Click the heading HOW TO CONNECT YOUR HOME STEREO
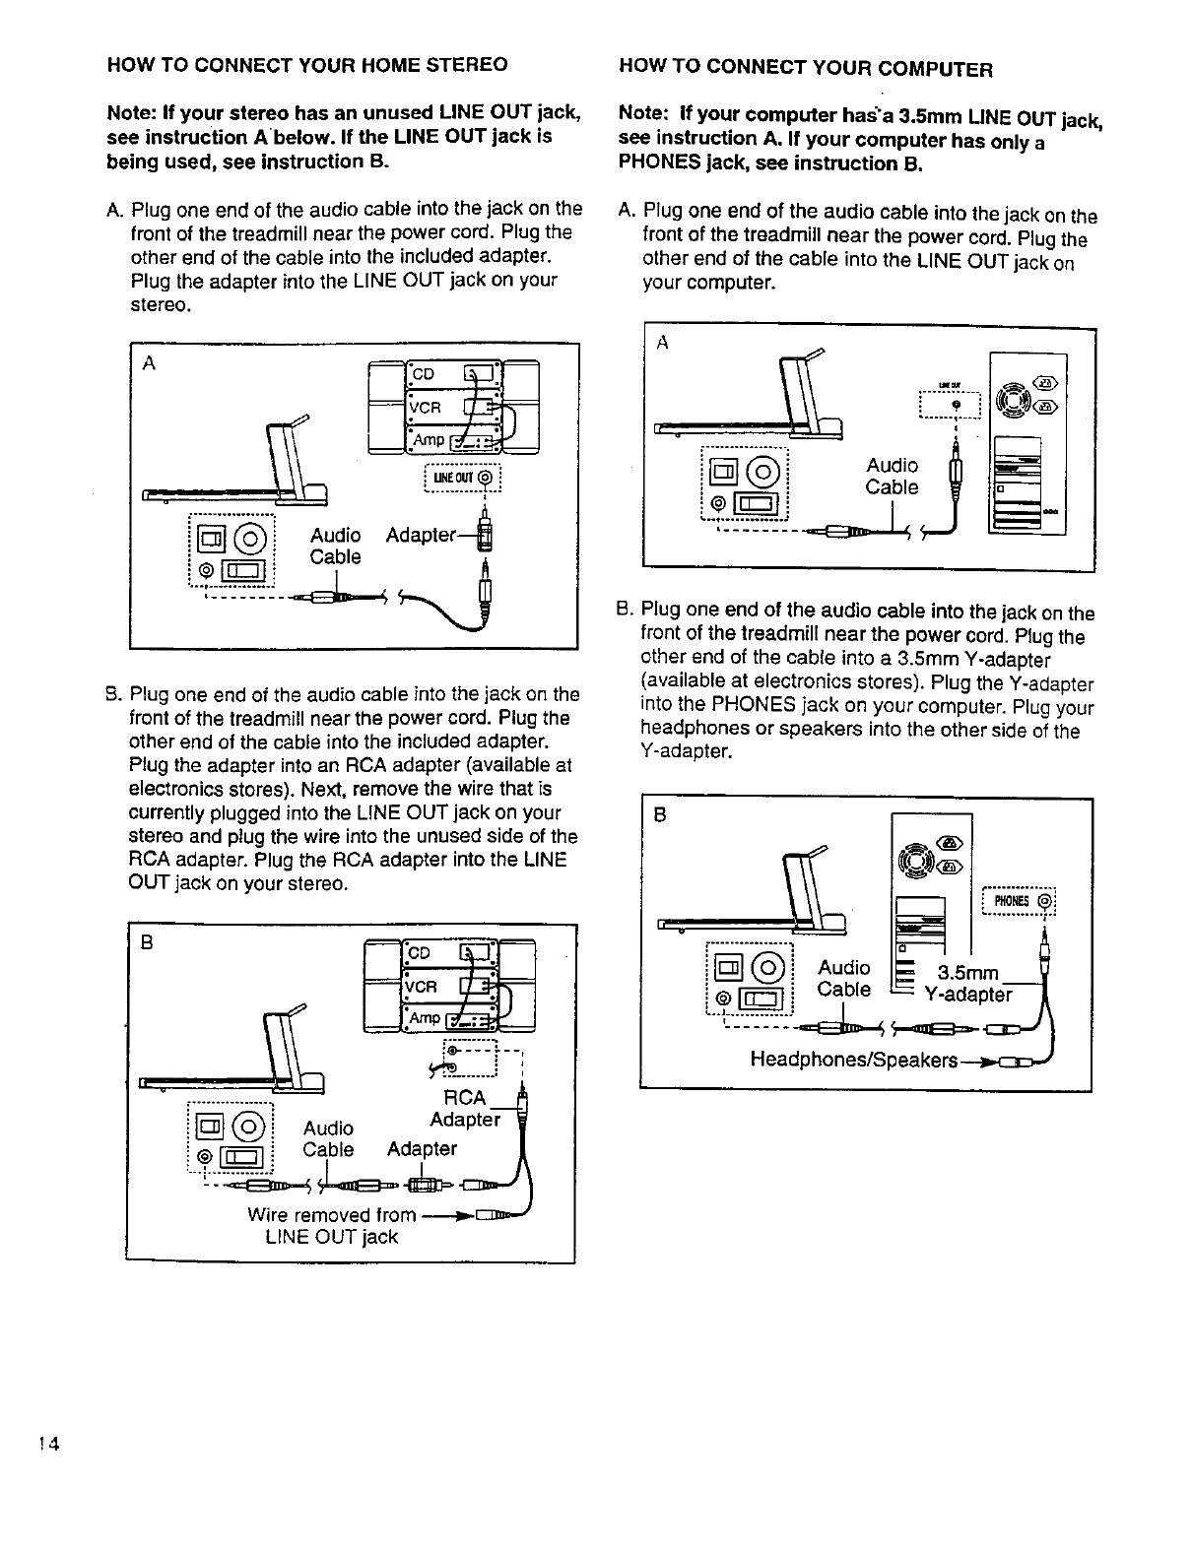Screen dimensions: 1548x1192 click(307, 65)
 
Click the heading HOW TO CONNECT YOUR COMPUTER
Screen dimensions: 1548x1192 click(805, 68)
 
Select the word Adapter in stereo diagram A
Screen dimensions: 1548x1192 click(421, 535)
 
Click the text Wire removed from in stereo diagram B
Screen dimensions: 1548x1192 click(331, 1214)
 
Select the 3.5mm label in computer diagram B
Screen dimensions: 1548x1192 click(967, 973)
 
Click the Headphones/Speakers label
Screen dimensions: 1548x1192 click(853, 1060)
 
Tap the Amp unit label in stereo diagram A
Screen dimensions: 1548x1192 click(428, 439)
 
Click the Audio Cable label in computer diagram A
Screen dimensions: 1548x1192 click(892, 476)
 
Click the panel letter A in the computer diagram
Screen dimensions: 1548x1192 click(662, 342)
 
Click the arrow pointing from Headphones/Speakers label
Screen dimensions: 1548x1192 click(978, 1063)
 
